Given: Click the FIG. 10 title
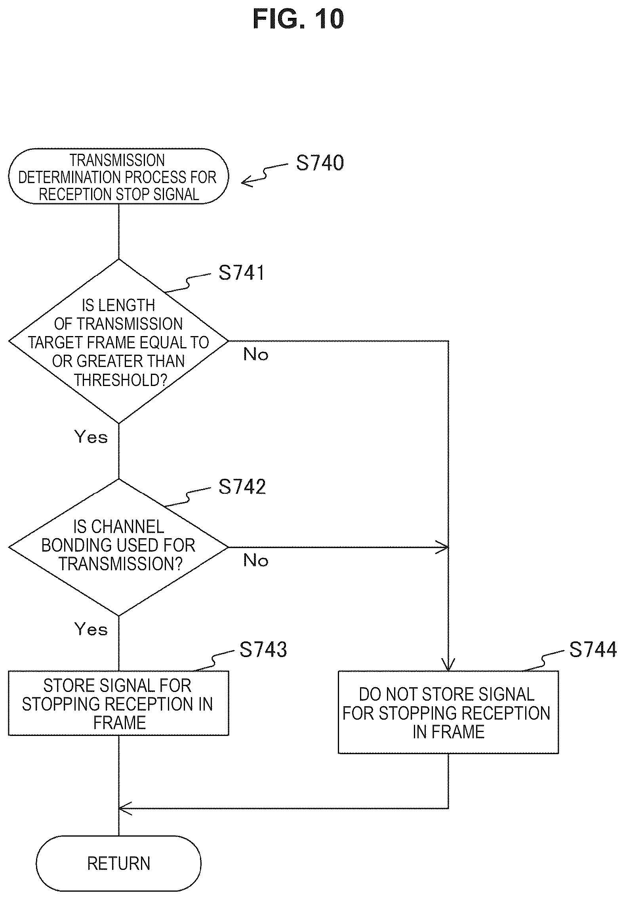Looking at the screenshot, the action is [x=298, y=19].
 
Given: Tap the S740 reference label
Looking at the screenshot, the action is [x=320, y=163].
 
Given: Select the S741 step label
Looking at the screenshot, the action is [x=241, y=273].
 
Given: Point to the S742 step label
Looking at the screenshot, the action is [x=242, y=487].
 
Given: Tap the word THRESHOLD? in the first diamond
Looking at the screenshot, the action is [x=121, y=380].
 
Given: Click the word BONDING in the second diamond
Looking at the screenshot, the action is [x=71, y=545].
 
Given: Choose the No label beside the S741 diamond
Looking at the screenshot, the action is [x=255, y=354].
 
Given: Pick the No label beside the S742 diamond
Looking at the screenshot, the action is [x=255, y=560].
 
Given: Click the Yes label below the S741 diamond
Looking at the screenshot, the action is [x=91, y=437].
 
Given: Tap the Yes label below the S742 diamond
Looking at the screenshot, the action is [x=91, y=629].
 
